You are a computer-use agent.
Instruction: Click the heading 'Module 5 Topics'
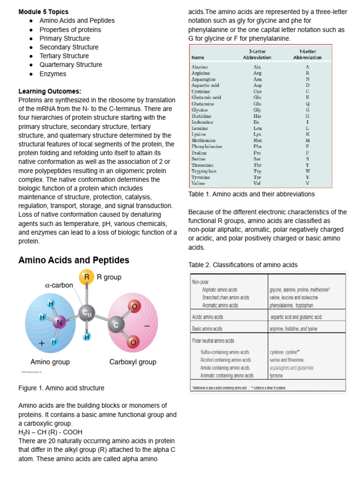[43, 12]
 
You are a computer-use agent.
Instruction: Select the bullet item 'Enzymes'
[52, 74]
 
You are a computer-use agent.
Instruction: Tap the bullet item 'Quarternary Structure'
[70, 65]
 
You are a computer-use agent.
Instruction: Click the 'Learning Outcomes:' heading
[50, 91]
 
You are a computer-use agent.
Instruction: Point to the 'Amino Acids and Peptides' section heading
[74, 260]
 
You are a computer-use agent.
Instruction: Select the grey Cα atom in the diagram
[86, 313]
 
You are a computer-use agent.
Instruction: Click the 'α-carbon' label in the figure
[59, 285]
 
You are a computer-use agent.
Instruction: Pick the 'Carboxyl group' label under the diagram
[133, 362]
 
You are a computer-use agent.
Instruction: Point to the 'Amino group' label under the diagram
[50, 362]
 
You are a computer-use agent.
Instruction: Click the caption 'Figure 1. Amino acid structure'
[61, 388]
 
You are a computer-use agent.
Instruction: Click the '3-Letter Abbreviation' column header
[257, 54]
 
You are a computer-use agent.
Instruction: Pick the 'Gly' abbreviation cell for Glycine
[257, 110]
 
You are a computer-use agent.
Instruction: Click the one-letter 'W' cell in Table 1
[307, 171]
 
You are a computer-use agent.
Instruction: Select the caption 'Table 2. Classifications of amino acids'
[243, 265]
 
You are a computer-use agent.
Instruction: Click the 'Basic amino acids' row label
[207, 329]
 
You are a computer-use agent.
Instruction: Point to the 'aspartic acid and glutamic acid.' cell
[296, 317]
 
